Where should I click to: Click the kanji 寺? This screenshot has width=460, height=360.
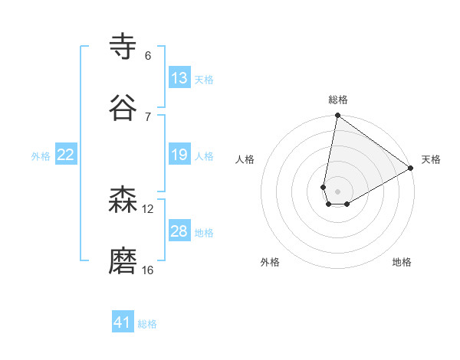point(123,46)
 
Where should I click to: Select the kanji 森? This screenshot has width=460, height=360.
point(123,201)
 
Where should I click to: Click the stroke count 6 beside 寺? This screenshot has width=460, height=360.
point(148,55)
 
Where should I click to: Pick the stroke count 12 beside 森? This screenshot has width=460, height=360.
point(148,208)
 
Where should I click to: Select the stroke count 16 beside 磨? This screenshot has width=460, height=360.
point(148,270)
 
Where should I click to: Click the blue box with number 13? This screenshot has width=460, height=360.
point(179,77)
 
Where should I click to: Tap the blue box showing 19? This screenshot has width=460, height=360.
point(179,155)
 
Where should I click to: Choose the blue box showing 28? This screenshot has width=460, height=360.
point(179,231)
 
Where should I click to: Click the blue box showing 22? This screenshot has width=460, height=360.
point(66,155)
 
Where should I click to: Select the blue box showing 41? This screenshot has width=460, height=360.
point(123,322)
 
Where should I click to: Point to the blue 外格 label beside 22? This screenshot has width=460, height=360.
point(41,156)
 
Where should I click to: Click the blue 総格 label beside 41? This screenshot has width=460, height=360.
point(147,324)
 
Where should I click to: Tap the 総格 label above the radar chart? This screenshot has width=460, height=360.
point(338,100)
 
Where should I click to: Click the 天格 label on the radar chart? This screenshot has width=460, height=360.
point(431,159)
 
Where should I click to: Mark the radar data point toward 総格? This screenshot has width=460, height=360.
point(337,116)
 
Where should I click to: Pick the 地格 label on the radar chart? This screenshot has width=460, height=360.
point(402,262)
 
